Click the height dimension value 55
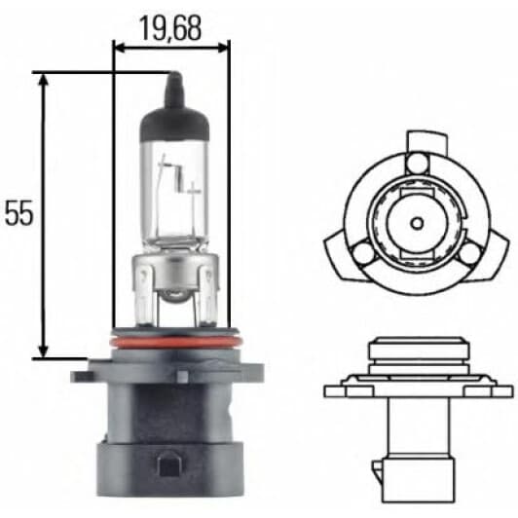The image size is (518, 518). point(19,213)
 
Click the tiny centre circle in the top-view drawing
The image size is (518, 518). point(416,220)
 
